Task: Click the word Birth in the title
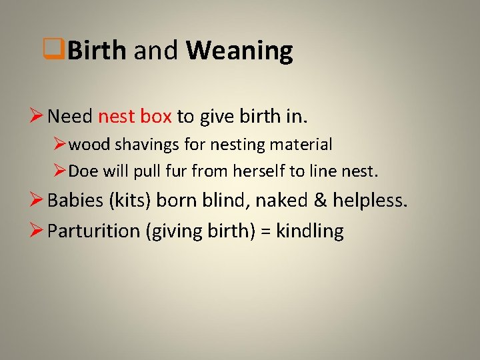(x=97, y=51)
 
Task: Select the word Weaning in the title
(x=239, y=51)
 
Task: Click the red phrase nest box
(x=135, y=117)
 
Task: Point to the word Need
(x=71, y=117)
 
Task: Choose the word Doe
(x=83, y=171)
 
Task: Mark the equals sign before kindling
(x=265, y=231)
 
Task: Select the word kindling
(x=310, y=231)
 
